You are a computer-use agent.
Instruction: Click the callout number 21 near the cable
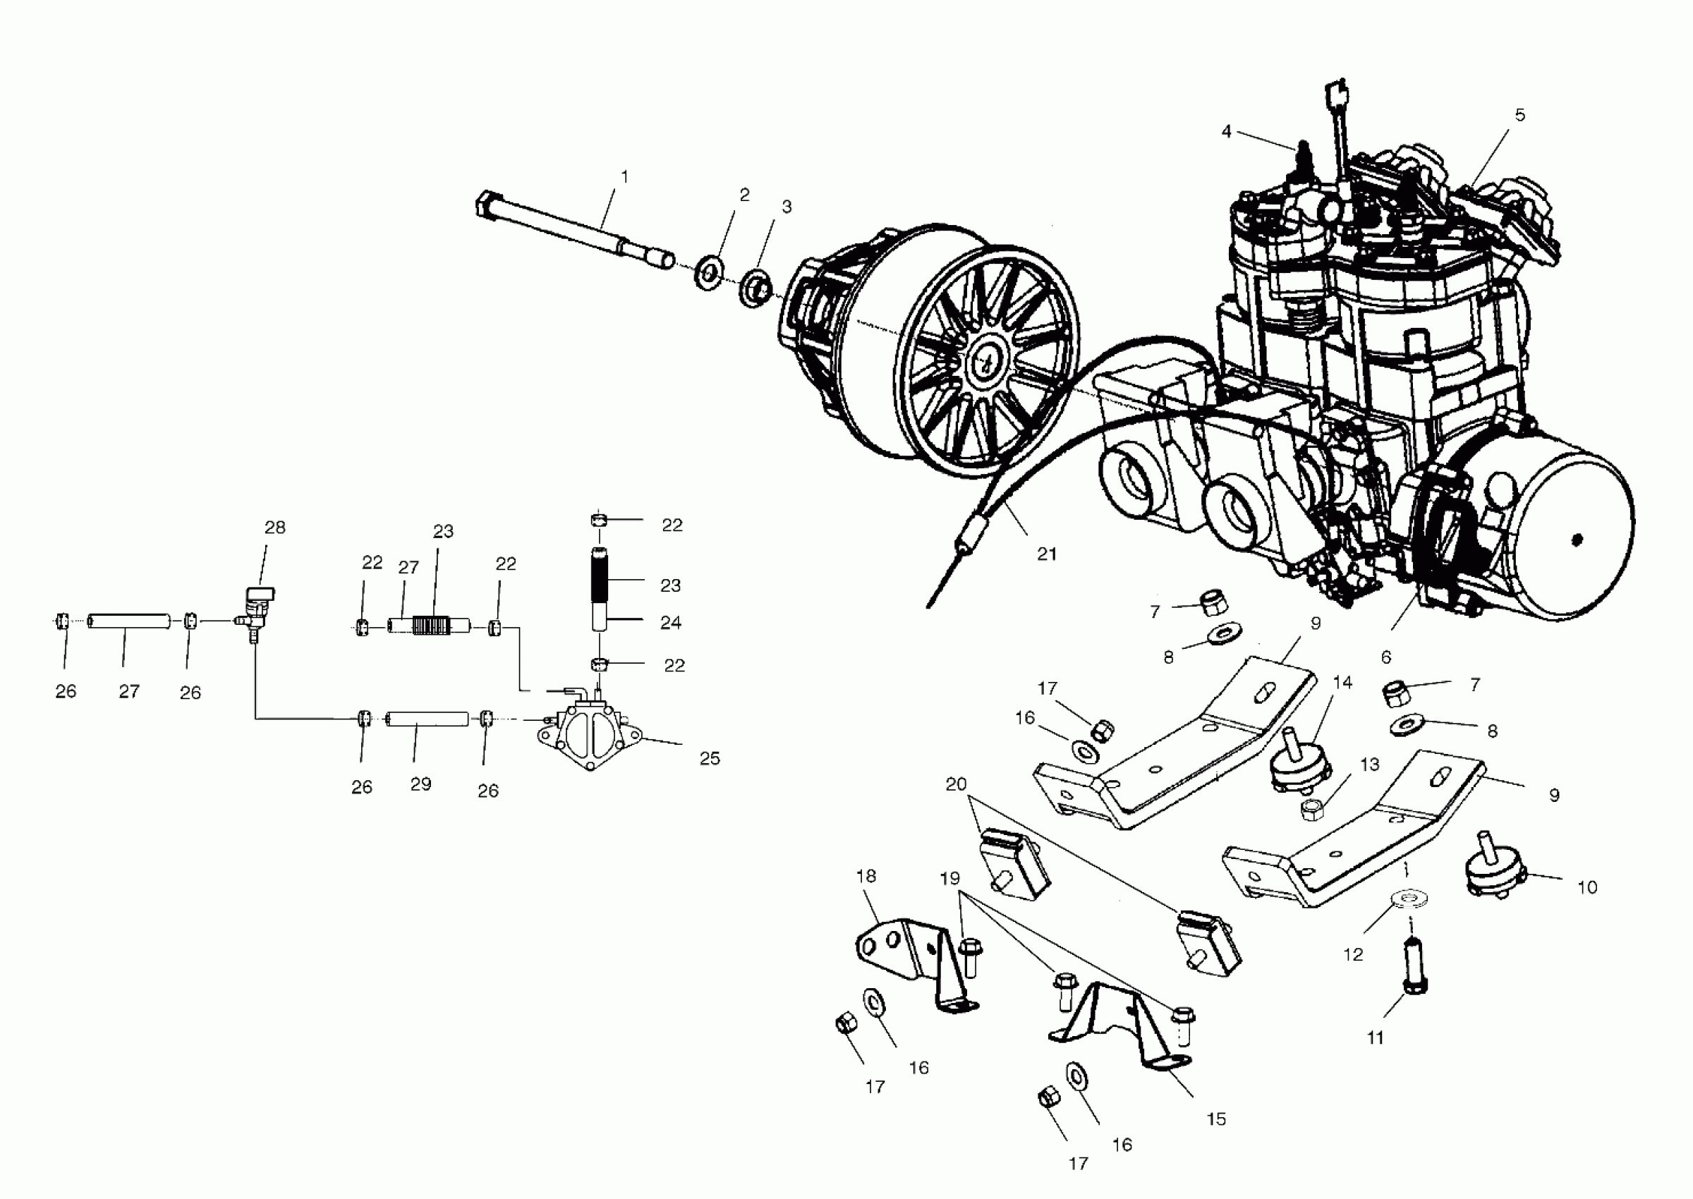(1046, 554)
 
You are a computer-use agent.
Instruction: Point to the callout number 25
(710, 758)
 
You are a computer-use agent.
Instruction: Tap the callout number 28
(274, 527)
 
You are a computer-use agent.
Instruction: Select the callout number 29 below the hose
(420, 784)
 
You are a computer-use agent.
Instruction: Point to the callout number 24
(670, 622)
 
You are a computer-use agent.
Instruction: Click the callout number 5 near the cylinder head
(1519, 115)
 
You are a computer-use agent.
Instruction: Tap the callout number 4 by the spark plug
(1227, 132)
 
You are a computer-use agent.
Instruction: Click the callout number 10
(1586, 887)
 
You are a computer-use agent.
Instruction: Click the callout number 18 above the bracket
(866, 876)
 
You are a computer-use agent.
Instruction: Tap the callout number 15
(1216, 1119)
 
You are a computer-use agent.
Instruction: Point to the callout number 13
(1370, 765)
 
